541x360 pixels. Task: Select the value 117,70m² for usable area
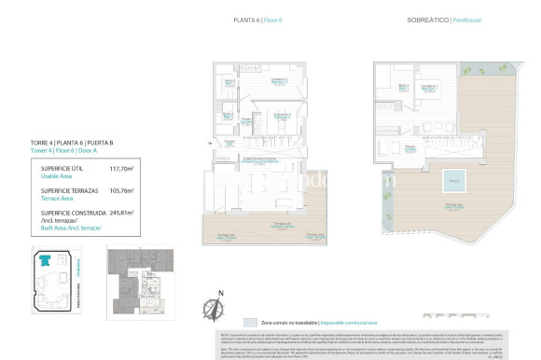pyautogui.click(x=122, y=169)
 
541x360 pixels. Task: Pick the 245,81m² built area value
pyautogui.click(x=122, y=212)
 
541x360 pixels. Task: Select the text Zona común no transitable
pyautogui.click(x=274, y=319)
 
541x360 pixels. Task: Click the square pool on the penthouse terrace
pyautogui.click(x=452, y=179)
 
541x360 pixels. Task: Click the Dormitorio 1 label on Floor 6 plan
pyautogui.click(x=278, y=81)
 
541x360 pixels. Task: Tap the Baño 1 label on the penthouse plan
pyautogui.click(x=404, y=87)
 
